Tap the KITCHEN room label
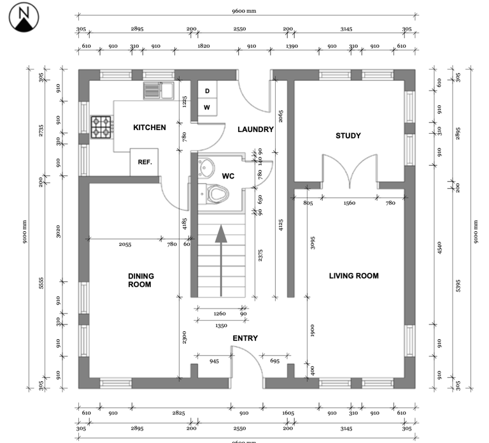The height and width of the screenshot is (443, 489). point(149,127)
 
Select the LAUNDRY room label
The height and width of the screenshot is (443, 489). point(255,129)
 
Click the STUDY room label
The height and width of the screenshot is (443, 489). point(348,136)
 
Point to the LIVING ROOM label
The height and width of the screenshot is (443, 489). point(353,276)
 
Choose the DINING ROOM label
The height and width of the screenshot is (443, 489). point(141,280)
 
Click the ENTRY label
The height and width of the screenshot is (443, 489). point(245,338)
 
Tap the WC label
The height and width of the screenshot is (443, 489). point(229,175)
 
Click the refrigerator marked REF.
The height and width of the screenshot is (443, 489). point(145,162)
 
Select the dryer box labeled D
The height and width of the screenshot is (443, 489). point(207,91)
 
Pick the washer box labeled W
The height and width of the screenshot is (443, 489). point(207,107)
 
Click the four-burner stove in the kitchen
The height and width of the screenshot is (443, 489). point(101,127)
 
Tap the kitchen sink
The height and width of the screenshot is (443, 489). point(158,90)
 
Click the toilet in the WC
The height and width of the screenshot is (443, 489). point(215,193)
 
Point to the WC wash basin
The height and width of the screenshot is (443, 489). point(205,168)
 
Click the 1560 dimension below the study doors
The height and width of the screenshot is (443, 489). point(350,203)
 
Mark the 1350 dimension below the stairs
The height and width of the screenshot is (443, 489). point(221,325)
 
